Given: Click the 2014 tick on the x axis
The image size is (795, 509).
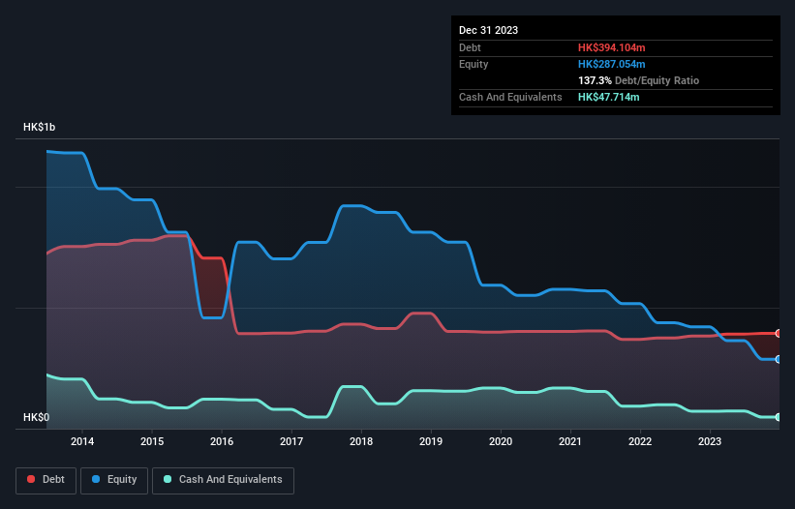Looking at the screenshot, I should pyautogui.click(x=82, y=441).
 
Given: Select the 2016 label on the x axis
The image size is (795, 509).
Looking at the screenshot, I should pyautogui.click(x=222, y=441).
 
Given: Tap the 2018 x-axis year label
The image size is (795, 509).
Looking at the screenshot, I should pyautogui.click(x=361, y=441).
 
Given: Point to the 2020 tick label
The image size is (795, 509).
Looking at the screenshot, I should pyautogui.click(x=501, y=441).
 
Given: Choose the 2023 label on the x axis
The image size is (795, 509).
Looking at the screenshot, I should pyautogui.click(x=710, y=441).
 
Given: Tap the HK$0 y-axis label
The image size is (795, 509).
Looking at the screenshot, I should pyautogui.click(x=37, y=418).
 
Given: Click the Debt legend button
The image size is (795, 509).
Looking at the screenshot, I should pyautogui.click(x=46, y=480).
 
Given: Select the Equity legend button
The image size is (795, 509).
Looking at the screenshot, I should pyautogui.click(x=114, y=480).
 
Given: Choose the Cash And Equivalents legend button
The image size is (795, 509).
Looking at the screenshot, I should pyautogui.click(x=223, y=480).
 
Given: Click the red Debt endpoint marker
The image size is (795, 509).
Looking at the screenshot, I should pyautogui.click(x=778, y=333).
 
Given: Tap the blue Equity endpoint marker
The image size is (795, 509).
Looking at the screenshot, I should pyautogui.click(x=778, y=359).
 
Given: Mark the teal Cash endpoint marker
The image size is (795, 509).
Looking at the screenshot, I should pyautogui.click(x=778, y=417).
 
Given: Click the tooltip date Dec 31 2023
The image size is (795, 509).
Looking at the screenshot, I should pyautogui.click(x=488, y=30).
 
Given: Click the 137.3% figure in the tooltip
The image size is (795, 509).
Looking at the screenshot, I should pyautogui.click(x=595, y=80).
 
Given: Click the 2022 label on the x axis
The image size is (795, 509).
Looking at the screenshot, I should pyautogui.click(x=640, y=441).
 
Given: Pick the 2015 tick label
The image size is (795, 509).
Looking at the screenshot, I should pyautogui.click(x=152, y=441).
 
